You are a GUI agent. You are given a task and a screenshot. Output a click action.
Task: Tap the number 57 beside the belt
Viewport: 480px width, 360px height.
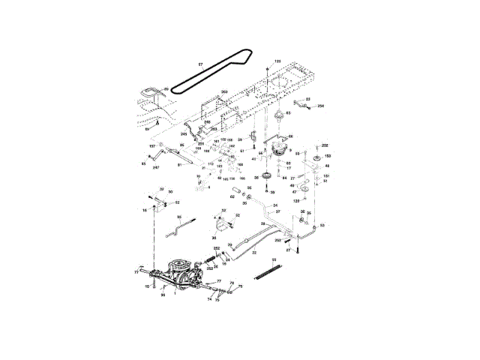click(200, 65)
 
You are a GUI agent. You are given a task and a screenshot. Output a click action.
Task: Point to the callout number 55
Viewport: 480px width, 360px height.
click(274, 259)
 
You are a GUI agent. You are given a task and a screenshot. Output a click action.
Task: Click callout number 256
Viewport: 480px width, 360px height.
click(321, 106)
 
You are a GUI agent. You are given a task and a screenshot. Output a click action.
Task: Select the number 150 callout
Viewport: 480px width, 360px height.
click(327, 156)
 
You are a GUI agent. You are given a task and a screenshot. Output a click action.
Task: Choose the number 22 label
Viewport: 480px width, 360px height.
click(254, 253)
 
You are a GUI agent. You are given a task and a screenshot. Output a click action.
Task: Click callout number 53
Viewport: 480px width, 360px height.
click(322, 224)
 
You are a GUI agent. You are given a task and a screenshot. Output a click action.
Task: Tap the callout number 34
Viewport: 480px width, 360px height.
click(276, 205)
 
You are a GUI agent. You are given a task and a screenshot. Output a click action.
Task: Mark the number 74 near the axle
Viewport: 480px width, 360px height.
click(210, 298)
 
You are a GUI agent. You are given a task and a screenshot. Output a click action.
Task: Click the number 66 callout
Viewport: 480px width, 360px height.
click(290, 136)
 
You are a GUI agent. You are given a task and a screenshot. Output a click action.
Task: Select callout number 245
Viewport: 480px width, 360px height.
click(183, 133)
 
